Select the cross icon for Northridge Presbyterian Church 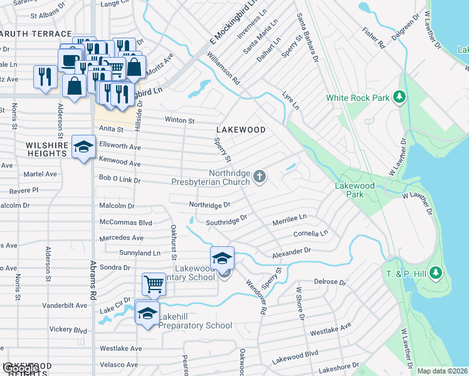click(x=260, y=177)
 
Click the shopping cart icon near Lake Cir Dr click(x=154, y=284)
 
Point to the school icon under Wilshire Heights click(x=83, y=147)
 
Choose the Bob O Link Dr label click(x=120, y=179)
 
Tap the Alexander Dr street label click(x=291, y=253)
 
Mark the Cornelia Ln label click(x=310, y=234)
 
